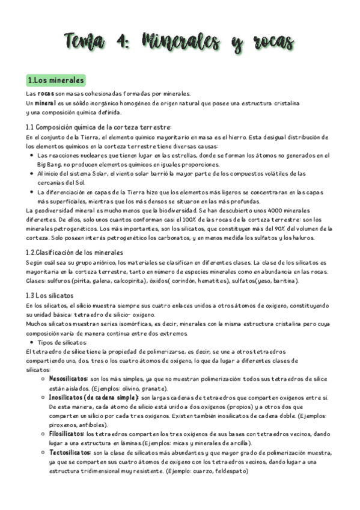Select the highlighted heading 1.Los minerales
[x=56, y=80]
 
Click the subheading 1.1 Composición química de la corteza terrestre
[x=99, y=127]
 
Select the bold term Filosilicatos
[x=66, y=434]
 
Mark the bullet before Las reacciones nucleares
[x=31, y=155]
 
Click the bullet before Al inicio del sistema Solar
[x=31, y=173]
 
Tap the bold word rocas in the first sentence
[x=46, y=94]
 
